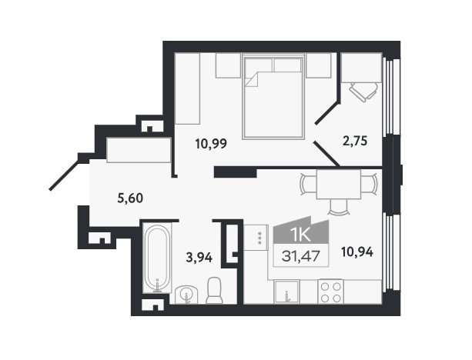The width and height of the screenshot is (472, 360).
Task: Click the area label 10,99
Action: (211, 144)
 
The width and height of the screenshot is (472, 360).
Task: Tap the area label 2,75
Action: (355, 141)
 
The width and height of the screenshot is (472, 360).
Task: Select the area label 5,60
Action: (130, 198)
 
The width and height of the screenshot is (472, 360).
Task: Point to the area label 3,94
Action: (199, 258)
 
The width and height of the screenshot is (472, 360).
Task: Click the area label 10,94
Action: (357, 252)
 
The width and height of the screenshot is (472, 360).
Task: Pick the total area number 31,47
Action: (300, 256)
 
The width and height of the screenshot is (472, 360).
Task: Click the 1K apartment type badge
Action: (301, 232)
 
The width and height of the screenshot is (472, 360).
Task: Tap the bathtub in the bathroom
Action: (157, 258)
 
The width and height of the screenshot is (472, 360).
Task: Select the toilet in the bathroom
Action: (214, 290)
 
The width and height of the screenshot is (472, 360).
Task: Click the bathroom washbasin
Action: (186, 295)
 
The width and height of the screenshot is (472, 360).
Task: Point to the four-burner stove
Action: (330, 292)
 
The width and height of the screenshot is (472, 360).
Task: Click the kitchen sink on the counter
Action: (286, 292)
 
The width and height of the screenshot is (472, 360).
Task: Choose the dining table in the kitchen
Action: (338, 185)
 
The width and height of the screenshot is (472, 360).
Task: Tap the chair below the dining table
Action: (338, 208)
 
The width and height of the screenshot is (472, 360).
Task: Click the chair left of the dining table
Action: (308, 184)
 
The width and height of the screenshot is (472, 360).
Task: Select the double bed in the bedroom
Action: (273, 97)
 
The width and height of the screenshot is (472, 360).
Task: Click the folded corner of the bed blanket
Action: (252, 79)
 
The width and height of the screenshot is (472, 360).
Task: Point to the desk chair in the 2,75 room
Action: (363, 91)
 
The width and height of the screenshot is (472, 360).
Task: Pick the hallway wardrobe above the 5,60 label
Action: (139, 150)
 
